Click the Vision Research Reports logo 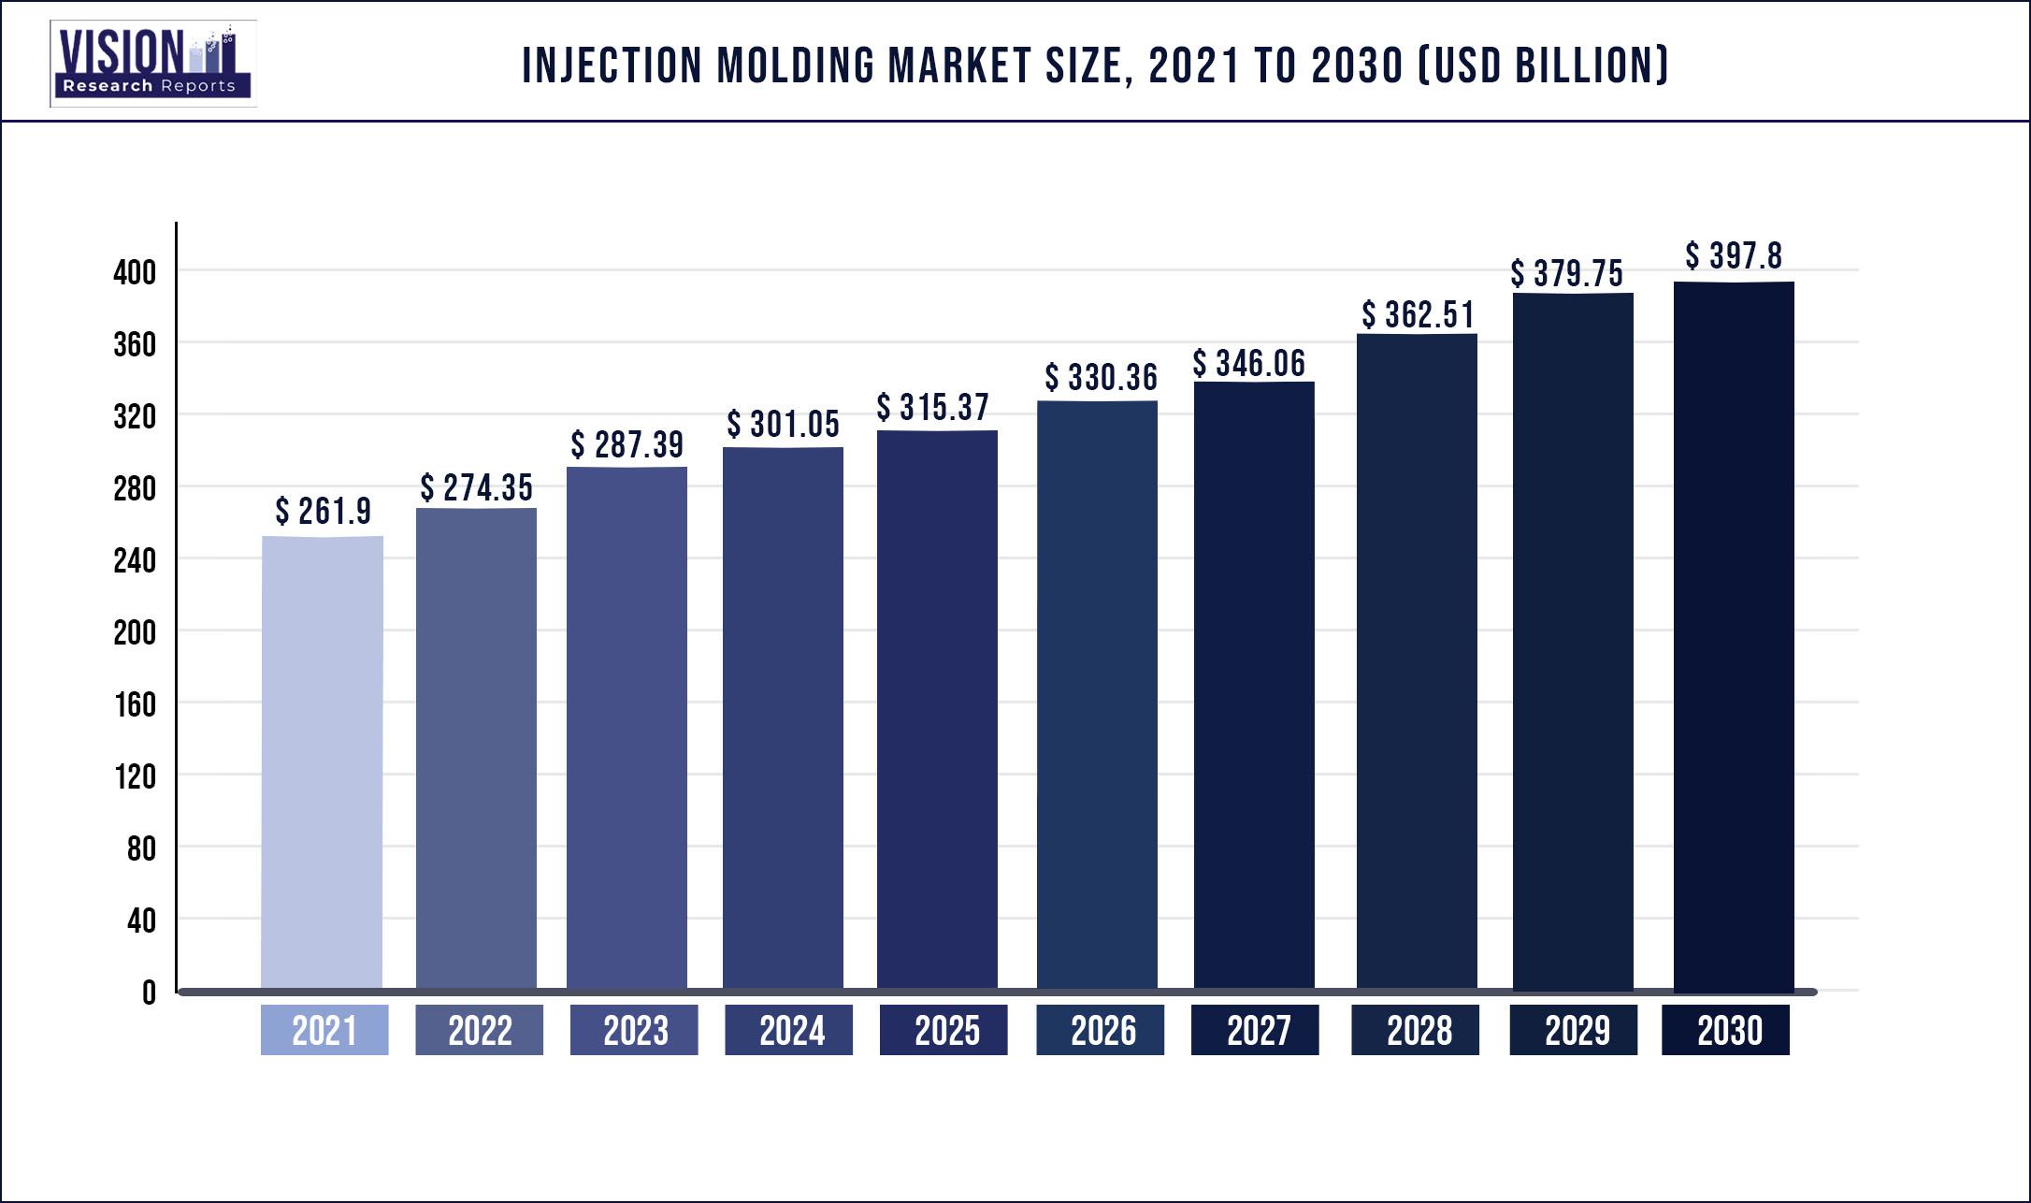point(152,63)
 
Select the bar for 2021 point(323,762)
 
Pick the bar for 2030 point(1734,636)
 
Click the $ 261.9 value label point(324,512)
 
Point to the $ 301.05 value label point(784,425)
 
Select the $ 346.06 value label point(1249,364)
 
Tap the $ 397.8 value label point(1734,256)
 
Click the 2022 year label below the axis point(480,1030)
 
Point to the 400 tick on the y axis point(135,272)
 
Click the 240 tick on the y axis point(135,560)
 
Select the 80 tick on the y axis point(141,848)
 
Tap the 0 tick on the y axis point(149,993)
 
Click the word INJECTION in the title point(612,65)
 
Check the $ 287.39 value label point(627,445)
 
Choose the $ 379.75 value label point(1567,274)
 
